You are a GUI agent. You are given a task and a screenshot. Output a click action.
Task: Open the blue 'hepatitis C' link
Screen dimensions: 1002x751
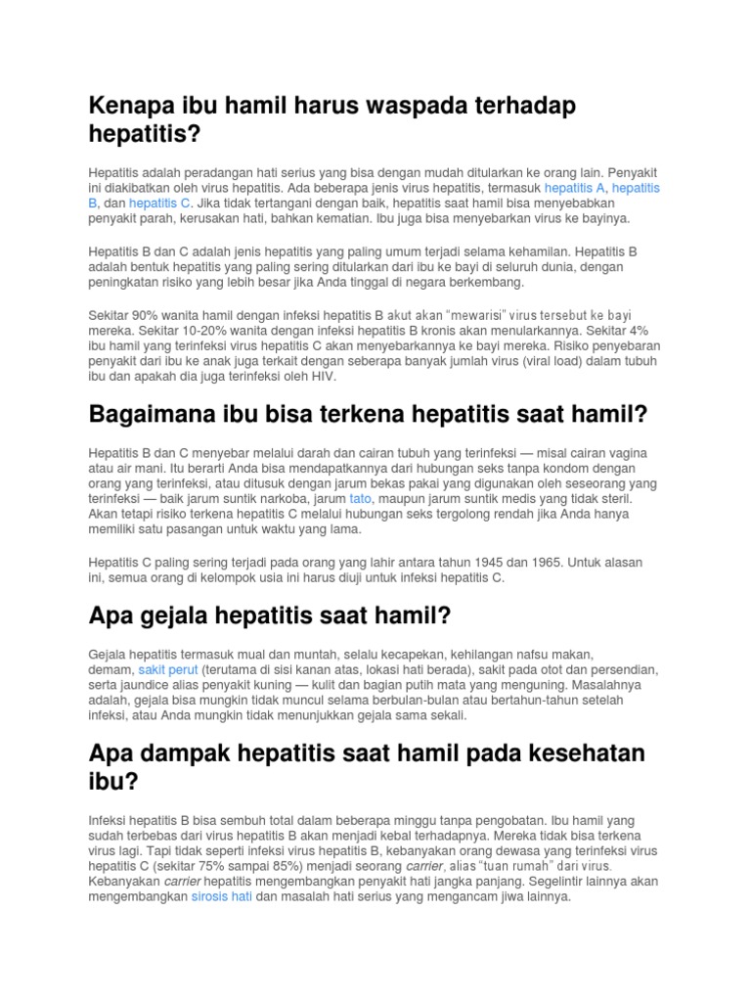pyautogui.click(x=159, y=203)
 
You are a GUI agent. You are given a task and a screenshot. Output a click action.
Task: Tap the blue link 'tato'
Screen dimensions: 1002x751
pyautogui.click(x=361, y=498)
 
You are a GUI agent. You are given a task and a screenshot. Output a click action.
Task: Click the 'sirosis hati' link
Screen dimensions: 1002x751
pyautogui.click(x=222, y=896)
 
